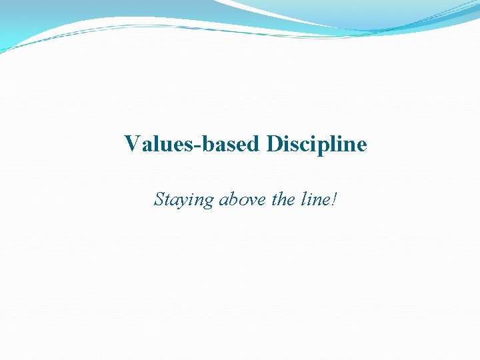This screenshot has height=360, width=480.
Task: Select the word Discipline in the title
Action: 317,144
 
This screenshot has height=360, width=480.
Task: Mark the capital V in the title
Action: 132,144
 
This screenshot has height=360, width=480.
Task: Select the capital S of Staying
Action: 159,199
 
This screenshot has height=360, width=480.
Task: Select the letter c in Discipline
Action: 306,145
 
